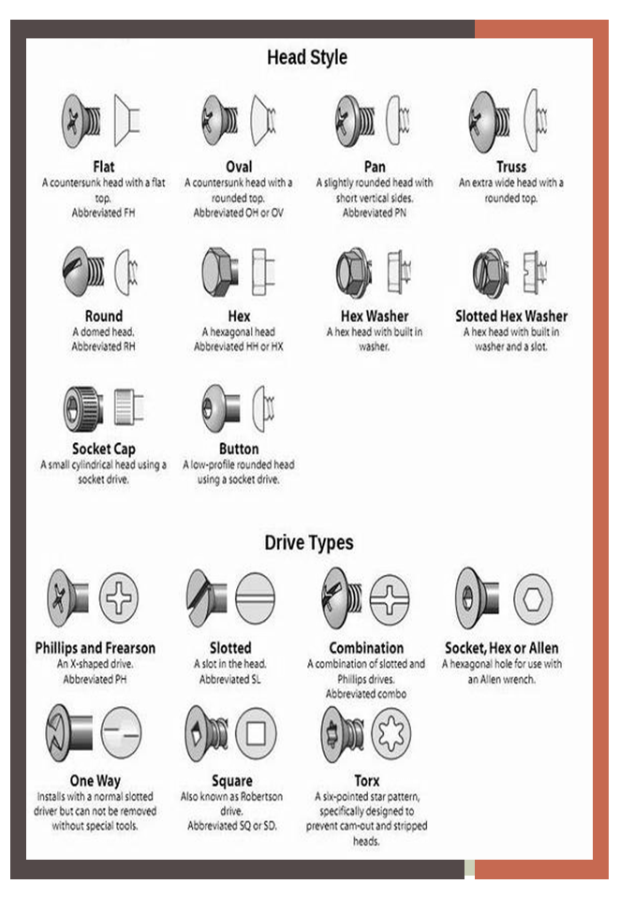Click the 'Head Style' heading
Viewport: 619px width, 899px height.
(307, 57)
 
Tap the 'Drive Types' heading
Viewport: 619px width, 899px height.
(309, 542)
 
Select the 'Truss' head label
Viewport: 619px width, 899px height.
(511, 167)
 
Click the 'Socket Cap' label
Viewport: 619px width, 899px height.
(104, 449)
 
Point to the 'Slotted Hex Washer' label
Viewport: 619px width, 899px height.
(511, 316)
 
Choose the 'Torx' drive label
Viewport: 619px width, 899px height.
(367, 780)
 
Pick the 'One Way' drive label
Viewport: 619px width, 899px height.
(96, 781)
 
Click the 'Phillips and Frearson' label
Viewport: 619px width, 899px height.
(96, 648)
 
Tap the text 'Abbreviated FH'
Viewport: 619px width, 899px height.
(104, 213)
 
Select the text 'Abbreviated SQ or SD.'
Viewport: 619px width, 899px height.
(232, 826)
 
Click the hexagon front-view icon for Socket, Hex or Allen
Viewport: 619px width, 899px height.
(533, 599)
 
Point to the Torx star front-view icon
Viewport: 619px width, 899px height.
(391, 732)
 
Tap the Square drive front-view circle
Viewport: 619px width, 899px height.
(256, 732)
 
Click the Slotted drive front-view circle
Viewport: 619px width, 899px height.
(256, 598)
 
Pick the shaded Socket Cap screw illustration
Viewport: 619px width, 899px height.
(83, 408)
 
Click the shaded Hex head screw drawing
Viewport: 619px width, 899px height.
(220, 272)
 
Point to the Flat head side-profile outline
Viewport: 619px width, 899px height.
(127, 121)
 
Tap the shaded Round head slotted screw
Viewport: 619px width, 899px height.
(83, 271)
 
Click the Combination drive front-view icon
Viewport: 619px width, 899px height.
(390, 599)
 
